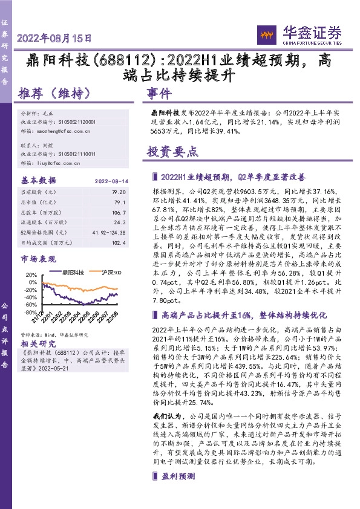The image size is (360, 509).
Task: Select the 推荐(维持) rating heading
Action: click(x=55, y=94)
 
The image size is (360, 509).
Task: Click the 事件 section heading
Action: click(x=160, y=94)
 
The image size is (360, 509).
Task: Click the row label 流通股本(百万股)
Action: click(x=44, y=223)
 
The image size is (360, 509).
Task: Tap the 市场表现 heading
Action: click(x=36, y=259)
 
